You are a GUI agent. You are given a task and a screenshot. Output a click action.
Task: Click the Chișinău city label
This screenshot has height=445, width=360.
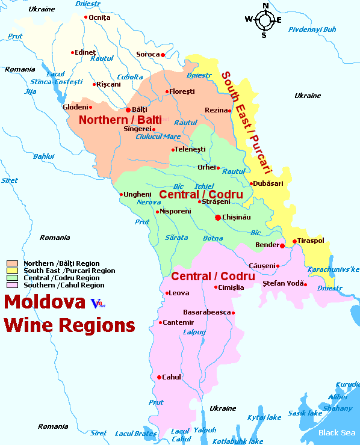pyautogui.click(x=237, y=217)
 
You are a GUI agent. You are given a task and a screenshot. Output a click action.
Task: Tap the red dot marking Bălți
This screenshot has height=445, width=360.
pyautogui.click(x=128, y=110)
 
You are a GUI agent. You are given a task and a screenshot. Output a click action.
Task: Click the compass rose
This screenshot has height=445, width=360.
pyautogui.click(x=264, y=19)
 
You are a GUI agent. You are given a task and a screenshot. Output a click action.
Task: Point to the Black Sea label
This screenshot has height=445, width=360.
pyautogui.click(x=337, y=432)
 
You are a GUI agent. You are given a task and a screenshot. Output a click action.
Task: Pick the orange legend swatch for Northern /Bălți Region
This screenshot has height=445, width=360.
pyautogui.click(x=12, y=263)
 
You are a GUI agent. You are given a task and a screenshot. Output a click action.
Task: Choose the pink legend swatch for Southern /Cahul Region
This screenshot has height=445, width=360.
pyautogui.click(x=12, y=285)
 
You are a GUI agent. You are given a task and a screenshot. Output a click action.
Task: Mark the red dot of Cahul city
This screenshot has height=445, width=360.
pyautogui.click(x=159, y=377)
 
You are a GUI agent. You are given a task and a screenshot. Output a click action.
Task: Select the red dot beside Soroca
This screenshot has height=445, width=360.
pyautogui.click(x=163, y=55)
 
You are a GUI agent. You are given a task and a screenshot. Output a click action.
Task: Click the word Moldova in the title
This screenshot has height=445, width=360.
pyautogui.click(x=45, y=301)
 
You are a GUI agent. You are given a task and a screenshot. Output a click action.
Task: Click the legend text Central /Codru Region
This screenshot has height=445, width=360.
pyautogui.click(x=61, y=278)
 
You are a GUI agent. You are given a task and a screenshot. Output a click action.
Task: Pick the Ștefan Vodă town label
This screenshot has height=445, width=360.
pyautogui.click(x=282, y=283)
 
